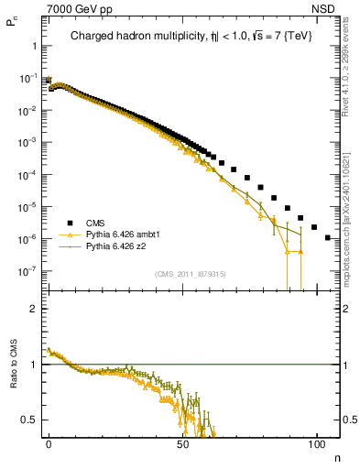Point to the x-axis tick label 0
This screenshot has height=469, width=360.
(x=49, y=443)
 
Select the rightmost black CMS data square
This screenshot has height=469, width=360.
(x=328, y=237)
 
